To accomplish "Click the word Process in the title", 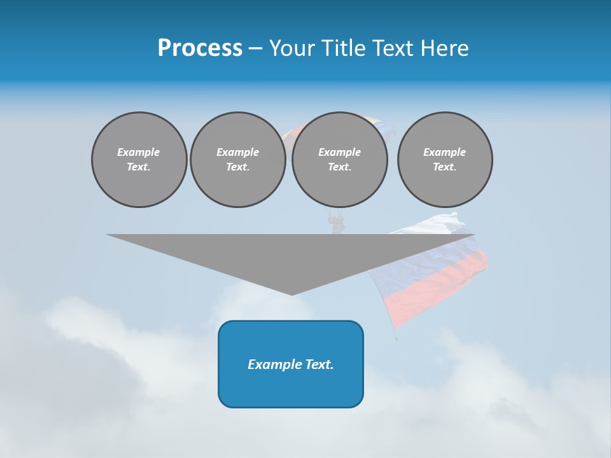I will [x=200, y=48].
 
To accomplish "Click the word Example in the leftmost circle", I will [x=139, y=152].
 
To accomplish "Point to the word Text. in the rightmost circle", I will [x=445, y=167].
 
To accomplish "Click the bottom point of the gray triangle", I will [x=291, y=295].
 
